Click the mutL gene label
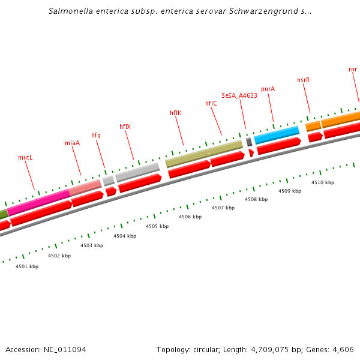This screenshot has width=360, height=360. point(25,157)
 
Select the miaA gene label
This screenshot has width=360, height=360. point(72,143)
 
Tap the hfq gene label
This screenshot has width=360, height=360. point(96,135)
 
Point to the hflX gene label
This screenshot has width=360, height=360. point(125,127)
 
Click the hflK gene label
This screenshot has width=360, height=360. point(176,113)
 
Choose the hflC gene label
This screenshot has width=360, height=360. point(211,103)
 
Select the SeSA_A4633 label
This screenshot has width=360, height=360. point(239,95)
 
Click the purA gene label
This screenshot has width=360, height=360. point(268,89)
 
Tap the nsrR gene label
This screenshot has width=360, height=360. point(304,80)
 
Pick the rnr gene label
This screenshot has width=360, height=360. point(353,69)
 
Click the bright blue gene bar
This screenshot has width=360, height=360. point(277,135)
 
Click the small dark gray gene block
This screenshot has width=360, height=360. point(249,142)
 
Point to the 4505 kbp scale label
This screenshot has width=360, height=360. point(157,226)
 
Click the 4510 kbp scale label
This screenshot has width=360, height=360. point(323,182)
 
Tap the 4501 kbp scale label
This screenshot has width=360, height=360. point(27,266)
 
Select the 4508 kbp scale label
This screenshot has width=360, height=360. point(256,199)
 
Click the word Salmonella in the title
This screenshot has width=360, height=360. point(70,11)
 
